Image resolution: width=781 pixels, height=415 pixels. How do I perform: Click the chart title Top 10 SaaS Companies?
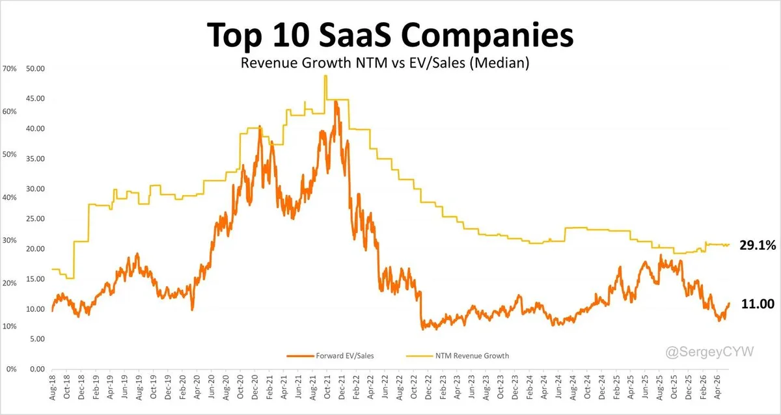point(390,35)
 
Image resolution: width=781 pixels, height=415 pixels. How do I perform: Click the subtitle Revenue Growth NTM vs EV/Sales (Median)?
point(385,62)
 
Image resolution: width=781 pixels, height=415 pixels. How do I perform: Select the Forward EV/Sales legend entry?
point(330,356)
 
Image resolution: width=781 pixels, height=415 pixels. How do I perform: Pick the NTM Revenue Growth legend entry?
point(458,356)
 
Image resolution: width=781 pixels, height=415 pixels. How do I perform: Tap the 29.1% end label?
point(758,245)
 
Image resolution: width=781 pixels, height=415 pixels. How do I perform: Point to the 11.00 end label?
point(758,304)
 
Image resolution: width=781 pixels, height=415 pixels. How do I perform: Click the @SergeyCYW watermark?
point(709,352)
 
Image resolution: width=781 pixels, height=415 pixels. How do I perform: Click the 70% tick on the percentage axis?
point(9,69)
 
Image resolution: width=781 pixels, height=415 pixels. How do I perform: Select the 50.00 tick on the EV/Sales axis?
point(35,69)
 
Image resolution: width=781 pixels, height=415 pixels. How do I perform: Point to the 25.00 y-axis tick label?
point(35,219)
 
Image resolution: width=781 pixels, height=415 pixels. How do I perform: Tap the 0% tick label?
point(12,369)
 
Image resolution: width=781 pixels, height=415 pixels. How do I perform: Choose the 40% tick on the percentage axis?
point(9,197)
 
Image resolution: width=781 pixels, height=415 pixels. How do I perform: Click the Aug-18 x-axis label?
point(53,387)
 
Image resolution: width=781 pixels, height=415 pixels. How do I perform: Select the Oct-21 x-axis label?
point(327,387)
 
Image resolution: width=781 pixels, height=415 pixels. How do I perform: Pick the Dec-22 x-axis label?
point(428,387)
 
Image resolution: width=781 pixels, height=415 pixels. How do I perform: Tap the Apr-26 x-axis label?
point(717,387)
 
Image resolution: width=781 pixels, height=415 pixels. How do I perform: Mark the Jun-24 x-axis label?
point(558,387)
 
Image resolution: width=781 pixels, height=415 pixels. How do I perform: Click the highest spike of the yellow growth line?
point(325,76)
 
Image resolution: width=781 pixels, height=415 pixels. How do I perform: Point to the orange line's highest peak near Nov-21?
point(336,101)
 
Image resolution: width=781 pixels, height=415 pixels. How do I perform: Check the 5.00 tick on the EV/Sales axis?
point(37,339)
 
